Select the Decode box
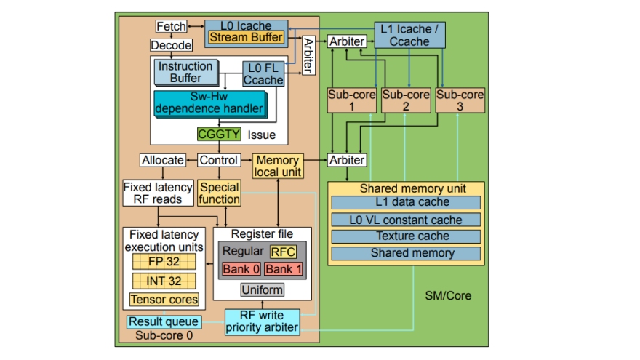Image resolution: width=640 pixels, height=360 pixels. pyautogui.click(x=172, y=45)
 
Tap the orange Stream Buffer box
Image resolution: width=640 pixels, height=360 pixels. pyautogui.click(x=246, y=36)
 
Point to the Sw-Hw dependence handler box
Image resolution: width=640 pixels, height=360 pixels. pyautogui.click(x=209, y=103)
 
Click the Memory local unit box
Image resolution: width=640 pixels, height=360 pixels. pyautogui.click(x=276, y=166)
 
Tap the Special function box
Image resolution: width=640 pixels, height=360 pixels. pyautogui.click(x=219, y=193)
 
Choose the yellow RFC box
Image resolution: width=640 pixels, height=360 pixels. pyautogui.click(x=283, y=252)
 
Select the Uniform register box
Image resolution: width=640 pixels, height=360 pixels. pyautogui.click(x=263, y=290)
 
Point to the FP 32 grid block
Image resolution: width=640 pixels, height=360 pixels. pyautogui.click(x=164, y=262)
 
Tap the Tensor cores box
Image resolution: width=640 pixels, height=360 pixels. pyautogui.click(x=164, y=299)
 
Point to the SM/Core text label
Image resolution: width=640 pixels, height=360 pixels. pyautogui.click(x=448, y=295)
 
